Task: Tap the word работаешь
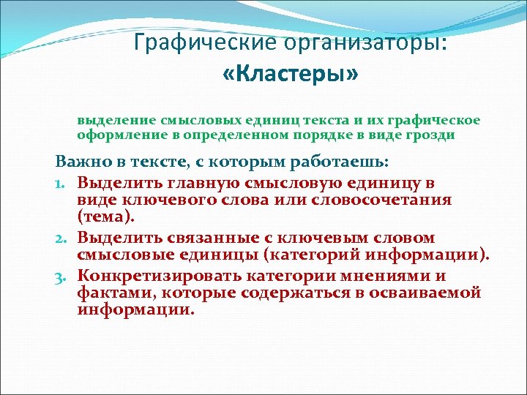pyautogui.click(x=316, y=162)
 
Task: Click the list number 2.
pyautogui.click(x=65, y=238)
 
